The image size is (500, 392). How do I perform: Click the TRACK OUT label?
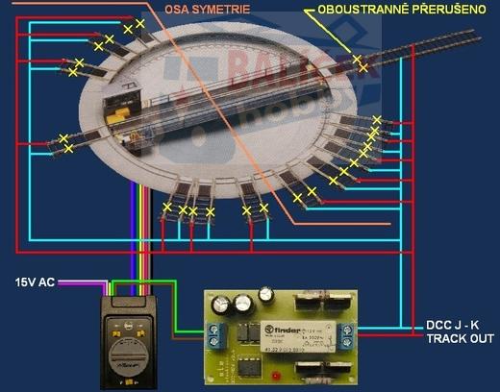point(459,339)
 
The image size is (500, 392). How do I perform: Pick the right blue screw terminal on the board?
point(350,335)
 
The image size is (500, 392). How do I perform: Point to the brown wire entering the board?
point(187,338)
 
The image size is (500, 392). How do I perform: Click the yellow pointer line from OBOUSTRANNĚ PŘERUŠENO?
point(337,38)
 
